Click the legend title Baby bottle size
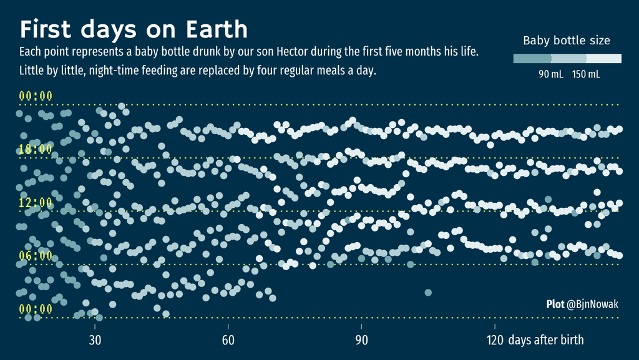[x=566, y=41]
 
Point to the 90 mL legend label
[x=550, y=74]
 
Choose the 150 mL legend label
[x=586, y=74]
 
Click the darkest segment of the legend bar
[x=532, y=59]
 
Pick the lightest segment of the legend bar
[x=603, y=59]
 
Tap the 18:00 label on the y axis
[x=36, y=149]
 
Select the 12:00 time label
[x=36, y=202]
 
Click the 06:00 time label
[x=36, y=255]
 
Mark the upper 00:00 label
[x=36, y=96]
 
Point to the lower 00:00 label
[x=36, y=309]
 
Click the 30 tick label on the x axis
[x=95, y=340]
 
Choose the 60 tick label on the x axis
[x=228, y=340]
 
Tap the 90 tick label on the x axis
[x=361, y=340]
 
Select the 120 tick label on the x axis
[x=495, y=340]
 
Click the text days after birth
[x=546, y=340]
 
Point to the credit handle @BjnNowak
[x=592, y=304]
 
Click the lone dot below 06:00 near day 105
[x=428, y=292]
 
